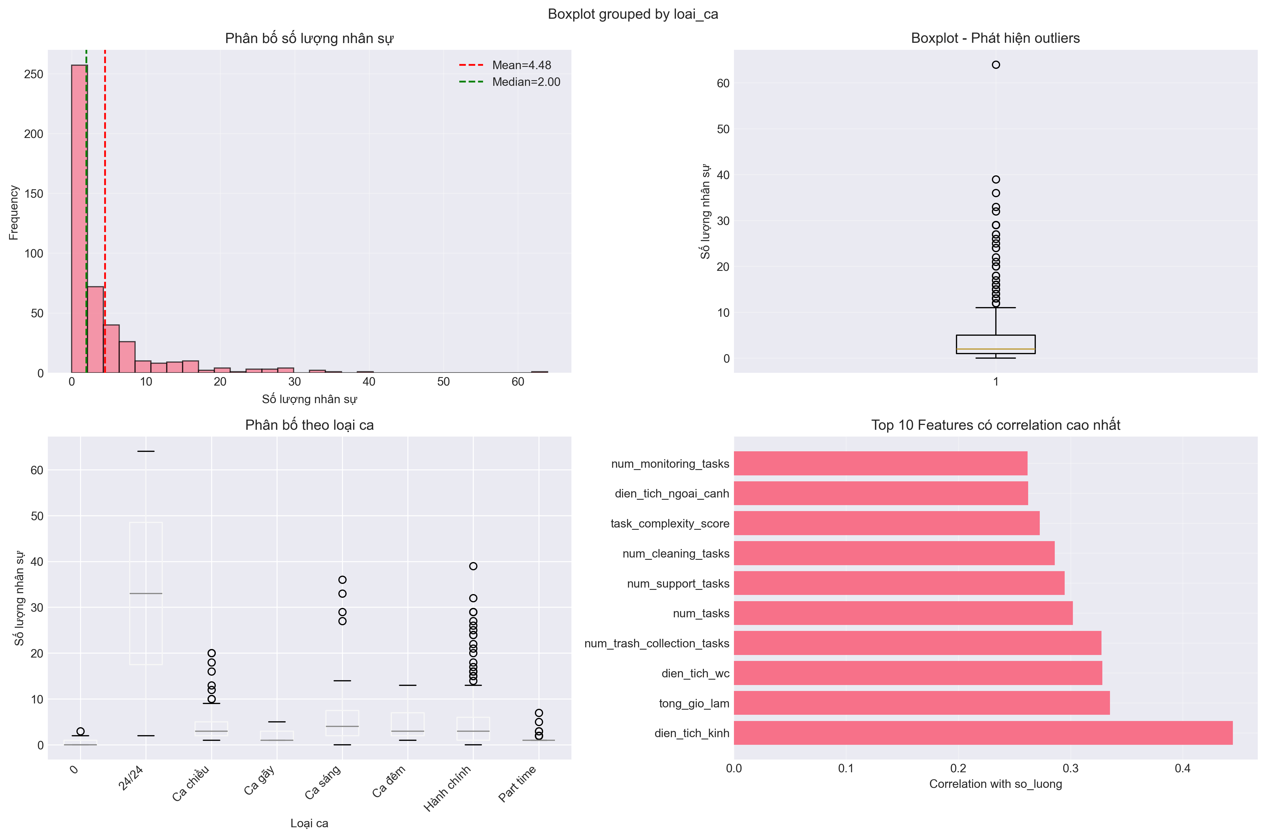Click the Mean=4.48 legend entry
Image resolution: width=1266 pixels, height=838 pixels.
coord(521,65)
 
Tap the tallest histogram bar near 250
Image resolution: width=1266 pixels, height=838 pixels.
coord(79,219)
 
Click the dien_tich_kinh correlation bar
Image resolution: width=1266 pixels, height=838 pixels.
coord(983,733)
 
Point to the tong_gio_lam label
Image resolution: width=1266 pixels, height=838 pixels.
coord(693,703)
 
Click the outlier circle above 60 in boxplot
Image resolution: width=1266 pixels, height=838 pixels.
coord(996,65)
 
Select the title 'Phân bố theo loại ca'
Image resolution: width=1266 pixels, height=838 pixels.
coord(309,425)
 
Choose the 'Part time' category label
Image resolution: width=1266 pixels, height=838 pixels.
coord(517,784)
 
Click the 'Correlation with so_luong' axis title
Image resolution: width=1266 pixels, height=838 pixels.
coord(995,784)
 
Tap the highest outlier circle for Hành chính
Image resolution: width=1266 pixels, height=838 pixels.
coord(473,566)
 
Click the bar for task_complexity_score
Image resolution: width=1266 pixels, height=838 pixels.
coord(886,523)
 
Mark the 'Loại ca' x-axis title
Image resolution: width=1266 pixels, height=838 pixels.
coord(309,823)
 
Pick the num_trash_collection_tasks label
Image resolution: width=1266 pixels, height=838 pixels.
coord(657,643)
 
